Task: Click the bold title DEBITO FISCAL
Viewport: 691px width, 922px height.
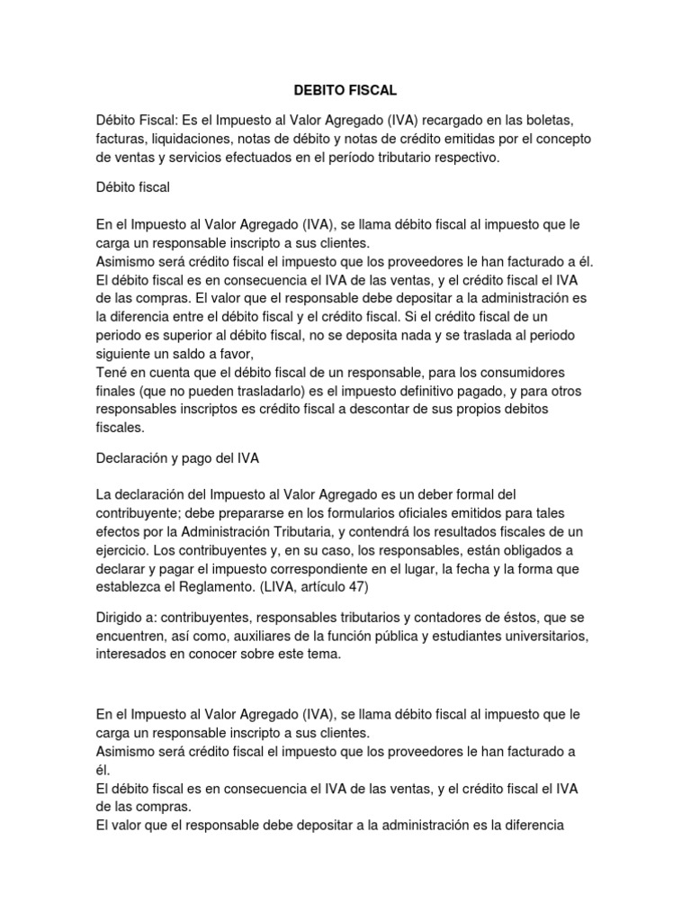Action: point(345,91)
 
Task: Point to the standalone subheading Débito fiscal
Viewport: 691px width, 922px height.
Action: point(133,187)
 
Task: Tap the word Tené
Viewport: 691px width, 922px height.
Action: point(113,373)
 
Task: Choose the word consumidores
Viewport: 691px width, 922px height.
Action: point(549,373)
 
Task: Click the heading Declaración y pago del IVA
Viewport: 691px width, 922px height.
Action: point(178,458)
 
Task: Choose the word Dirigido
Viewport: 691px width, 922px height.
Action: point(121,619)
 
